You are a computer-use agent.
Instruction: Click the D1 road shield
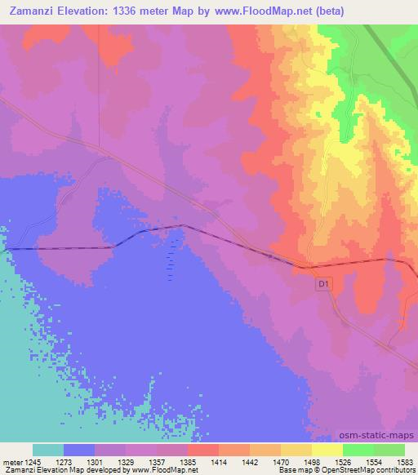[322, 283]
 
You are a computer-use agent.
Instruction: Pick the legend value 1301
[110, 461]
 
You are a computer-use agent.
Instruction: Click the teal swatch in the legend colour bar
[48, 450]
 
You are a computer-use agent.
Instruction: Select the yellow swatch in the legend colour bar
[327, 450]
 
